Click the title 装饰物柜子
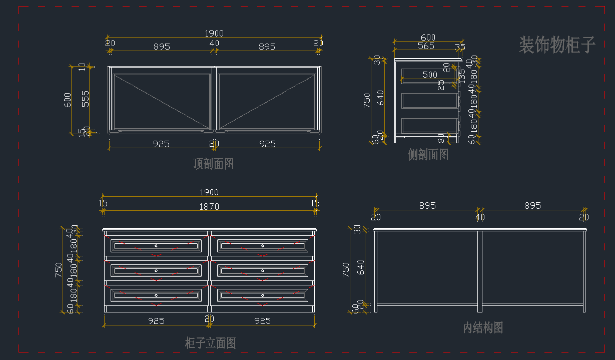(x=557, y=45)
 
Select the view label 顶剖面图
(x=214, y=164)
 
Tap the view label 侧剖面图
(x=428, y=155)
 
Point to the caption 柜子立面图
(x=210, y=343)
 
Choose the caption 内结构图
(x=483, y=327)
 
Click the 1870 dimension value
(x=210, y=206)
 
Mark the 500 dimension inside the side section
(x=430, y=75)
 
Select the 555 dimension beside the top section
(x=86, y=98)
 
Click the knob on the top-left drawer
(x=156, y=245)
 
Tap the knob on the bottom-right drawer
(x=262, y=295)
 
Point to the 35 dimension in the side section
(x=460, y=47)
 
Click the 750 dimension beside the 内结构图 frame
(x=345, y=270)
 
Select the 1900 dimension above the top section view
(x=214, y=34)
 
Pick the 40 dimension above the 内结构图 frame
(x=480, y=217)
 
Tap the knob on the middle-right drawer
(x=262, y=270)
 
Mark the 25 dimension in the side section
(x=441, y=85)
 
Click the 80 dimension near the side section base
(x=441, y=137)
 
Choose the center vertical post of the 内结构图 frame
(x=480, y=270)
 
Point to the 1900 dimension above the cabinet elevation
(x=210, y=193)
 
